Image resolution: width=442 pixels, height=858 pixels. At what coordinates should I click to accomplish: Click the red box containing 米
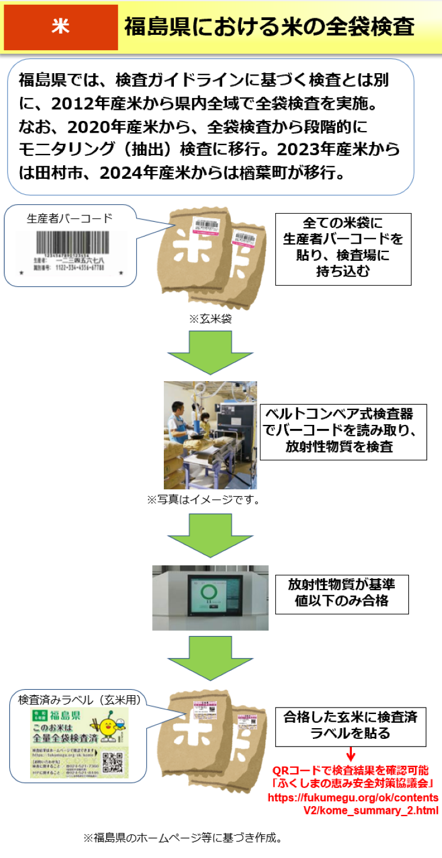point(60,27)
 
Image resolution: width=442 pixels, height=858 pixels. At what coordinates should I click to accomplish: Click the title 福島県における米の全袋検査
point(269,27)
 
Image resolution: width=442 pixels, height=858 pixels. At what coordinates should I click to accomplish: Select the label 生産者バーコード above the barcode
point(70,218)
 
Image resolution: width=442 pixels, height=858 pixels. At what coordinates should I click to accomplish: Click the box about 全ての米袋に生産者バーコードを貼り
point(343,248)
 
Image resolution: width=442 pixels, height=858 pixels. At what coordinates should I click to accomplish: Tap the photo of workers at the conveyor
point(210,435)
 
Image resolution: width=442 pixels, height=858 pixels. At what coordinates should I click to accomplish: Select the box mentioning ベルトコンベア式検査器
point(343,432)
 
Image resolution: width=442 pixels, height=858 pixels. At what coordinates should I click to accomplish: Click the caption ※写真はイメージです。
point(204,500)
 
